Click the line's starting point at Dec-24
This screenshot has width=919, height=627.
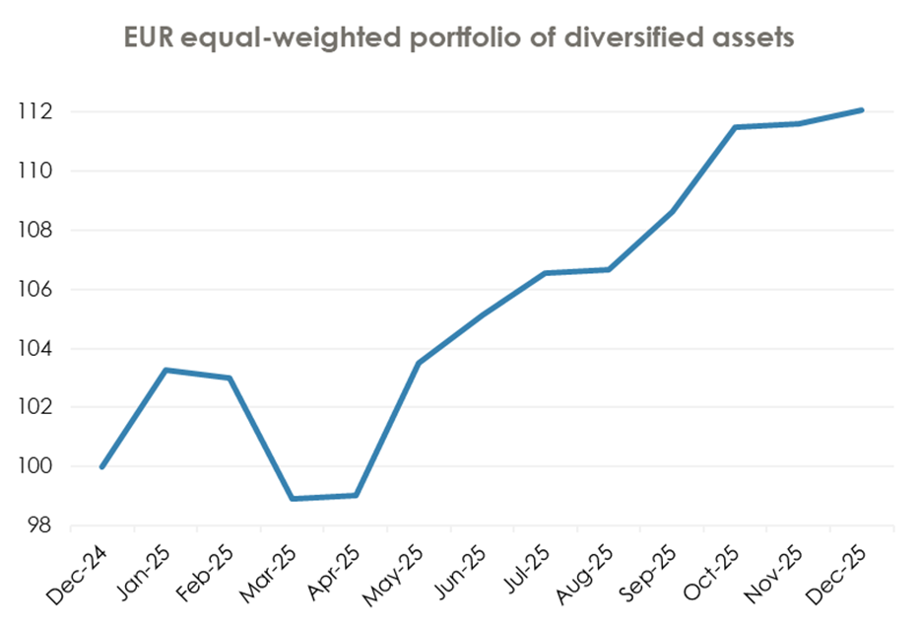click(x=102, y=466)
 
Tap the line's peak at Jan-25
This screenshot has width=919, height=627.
click(x=165, y=370)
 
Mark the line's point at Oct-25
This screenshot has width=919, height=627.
click(x=736, y=127)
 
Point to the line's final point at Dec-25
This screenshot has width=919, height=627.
click(x=862, y=109)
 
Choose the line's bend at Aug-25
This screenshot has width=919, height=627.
click(x=609, y=269)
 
